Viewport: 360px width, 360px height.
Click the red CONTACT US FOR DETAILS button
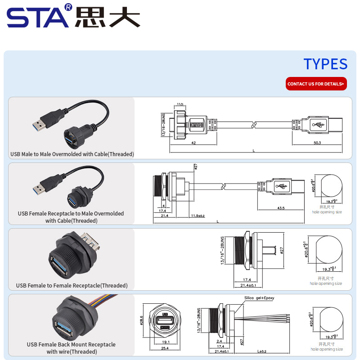pyautogui.click(x=316, y=84)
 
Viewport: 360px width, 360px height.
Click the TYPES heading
pyautogui.click(x=325, y=64)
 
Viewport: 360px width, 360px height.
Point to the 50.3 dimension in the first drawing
pyautogui.click(x=317, y=143)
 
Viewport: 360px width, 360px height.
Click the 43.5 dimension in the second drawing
pyautogui.click(x=281, y=208)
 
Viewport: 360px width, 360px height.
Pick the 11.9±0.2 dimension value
pyautogui.click(x=198, y=216)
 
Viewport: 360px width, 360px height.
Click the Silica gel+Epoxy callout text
pyautogui.click(x=259, y=298)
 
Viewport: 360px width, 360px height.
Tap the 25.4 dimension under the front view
pyautogui.click(x=165, y=348)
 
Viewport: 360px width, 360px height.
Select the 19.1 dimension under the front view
pyautogui.click(x=165, y=342)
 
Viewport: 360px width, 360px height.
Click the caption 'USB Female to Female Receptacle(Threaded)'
pyautogui.click(x=72, y=285)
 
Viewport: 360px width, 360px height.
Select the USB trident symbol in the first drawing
pyautogui.click(x=319, y=125)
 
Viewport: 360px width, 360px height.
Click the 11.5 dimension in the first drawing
pyautogui.click(x=179, y=104)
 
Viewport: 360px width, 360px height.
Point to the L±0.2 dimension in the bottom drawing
pyautogui.click(x=262, y=351)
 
